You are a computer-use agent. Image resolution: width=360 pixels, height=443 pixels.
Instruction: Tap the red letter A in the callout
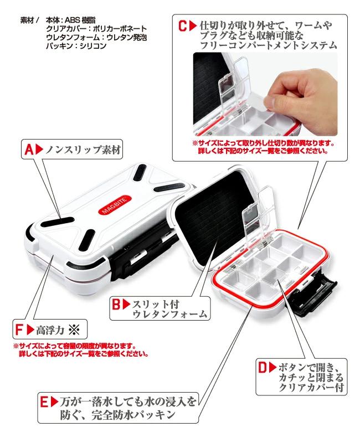(29, 150)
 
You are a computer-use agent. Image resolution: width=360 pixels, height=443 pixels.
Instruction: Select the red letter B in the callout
(116, 304)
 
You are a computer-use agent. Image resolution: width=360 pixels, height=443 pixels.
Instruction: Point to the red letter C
(183, 26)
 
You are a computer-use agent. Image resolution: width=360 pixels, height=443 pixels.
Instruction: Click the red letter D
(263, 367)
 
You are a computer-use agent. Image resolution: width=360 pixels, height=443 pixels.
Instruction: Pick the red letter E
(44, 402)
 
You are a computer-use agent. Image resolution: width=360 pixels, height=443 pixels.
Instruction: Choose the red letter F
(19, 329)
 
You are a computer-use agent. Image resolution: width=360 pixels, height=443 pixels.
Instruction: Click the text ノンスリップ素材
(84, 150)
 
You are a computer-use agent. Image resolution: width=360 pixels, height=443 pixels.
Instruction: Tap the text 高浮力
(50, 330)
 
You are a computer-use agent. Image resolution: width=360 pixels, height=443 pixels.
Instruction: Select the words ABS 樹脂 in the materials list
(80, 20)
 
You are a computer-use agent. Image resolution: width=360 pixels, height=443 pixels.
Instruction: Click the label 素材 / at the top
(29, 20)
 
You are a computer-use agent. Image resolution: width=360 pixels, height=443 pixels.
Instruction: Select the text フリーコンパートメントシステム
(269, 45)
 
